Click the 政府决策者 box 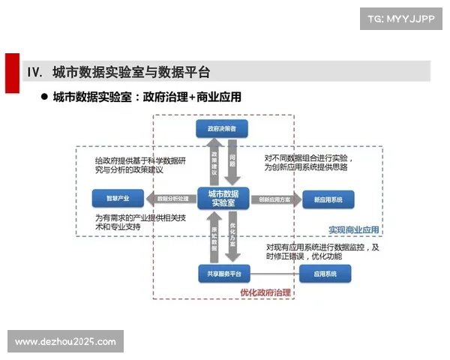click(x=222, y=129)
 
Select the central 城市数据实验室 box click(x=223, y=199)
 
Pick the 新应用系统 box click(x=328, y=199)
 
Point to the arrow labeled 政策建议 click(x=214, y=162)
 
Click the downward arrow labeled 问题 click(x=232, y=162)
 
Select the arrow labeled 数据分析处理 click(x=171, y=199)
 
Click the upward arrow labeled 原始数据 click(x=214, y=236)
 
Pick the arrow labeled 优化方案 click(x=232, y=236)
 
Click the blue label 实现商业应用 click(x=354, y=229)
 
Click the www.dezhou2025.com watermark click(x=66, y=342)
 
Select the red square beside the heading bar click(x=10, y=72)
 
